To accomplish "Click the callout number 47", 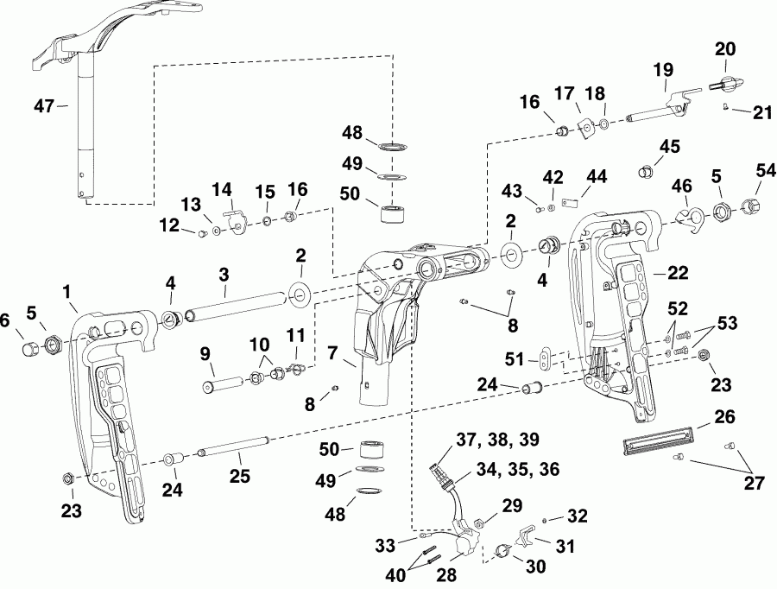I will pos(43,105).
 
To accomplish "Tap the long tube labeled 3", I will pos(237,307).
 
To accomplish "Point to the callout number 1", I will pos(68,293).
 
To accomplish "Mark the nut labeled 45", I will pos(642,172).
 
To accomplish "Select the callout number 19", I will pos(663,71).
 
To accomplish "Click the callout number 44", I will pos(596,176).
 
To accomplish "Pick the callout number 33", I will pos(385,545).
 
